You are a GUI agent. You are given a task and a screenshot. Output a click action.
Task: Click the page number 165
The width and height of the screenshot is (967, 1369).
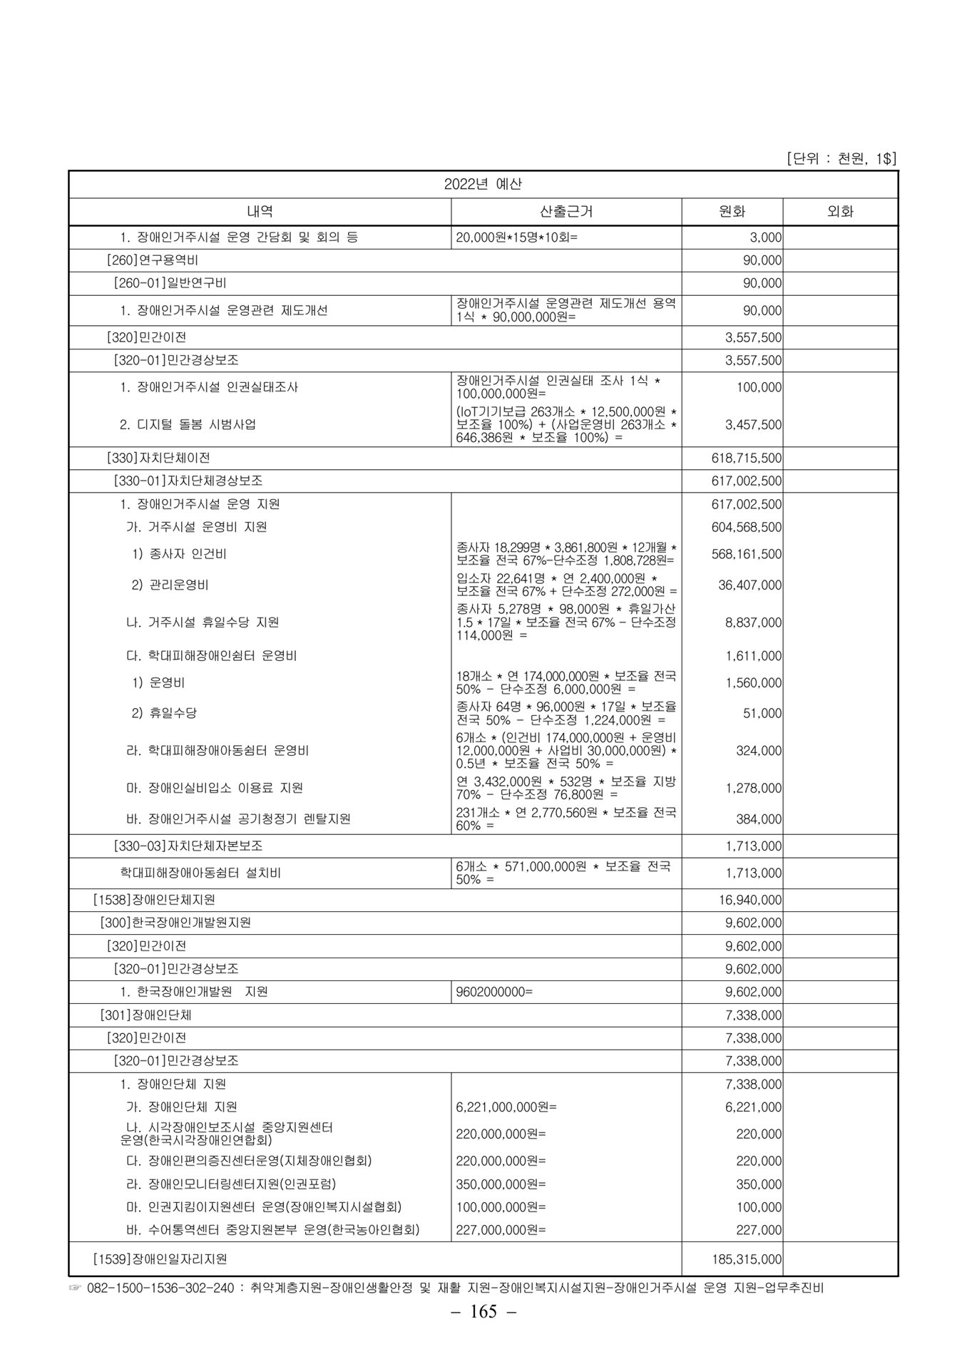pos(483,1311)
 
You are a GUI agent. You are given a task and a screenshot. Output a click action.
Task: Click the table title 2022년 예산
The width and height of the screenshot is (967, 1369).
pos(483,184)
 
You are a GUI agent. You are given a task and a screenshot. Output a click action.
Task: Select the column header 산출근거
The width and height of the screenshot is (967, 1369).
pos(566,212)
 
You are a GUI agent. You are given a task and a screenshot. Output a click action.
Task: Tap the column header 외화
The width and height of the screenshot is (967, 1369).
pos(840,212)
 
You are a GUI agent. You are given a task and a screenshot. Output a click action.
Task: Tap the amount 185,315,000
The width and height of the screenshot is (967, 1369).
pos(747,1260)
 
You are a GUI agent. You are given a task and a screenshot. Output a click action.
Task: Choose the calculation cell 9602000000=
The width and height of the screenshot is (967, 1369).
pos(494,992)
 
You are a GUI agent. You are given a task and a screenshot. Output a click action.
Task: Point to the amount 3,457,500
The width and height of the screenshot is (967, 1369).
pos(753,425)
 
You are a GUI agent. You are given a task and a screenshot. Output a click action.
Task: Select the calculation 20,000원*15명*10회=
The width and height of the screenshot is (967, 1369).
pos(517,237)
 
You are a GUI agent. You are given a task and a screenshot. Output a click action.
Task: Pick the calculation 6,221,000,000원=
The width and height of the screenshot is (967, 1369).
pos(506,1107)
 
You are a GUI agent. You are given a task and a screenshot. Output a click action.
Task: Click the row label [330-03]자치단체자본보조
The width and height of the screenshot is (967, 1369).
pos(188,846)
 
